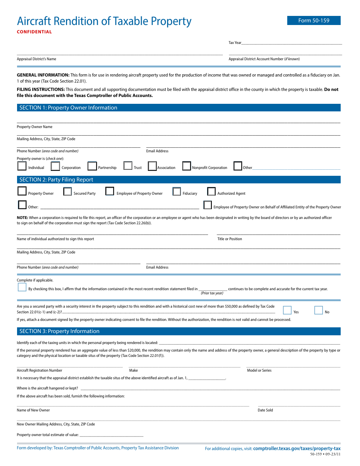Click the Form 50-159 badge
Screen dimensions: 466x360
[x=314, y=20]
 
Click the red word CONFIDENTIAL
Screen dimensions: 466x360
[x=34, y=32]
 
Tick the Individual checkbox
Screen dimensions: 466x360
[x=22, y=166]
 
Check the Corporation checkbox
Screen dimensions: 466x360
[x=55, y=166]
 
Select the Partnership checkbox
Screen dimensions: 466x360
[x=92, y=166]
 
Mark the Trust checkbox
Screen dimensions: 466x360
[x=128, y=166]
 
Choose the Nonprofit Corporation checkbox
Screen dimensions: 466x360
[x=186, y=166]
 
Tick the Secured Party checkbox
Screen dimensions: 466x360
[x=67, y=192]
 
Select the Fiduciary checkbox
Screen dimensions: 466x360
[x=177, y=192]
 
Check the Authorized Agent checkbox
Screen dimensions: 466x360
[x=211, y=192]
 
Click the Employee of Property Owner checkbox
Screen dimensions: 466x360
[x=110, y=192]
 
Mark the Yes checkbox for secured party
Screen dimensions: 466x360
[x=288, y=310]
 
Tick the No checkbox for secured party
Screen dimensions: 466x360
[x=319, y=310]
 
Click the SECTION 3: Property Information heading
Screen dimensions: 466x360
[x=59, y=331]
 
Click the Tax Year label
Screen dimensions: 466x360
[x=235, y=43]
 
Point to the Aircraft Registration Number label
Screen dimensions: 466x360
[x=39, y=370]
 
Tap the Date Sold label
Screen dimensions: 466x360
[x=265, y=410]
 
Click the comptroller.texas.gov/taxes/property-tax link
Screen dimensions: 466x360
[x=297, y=448]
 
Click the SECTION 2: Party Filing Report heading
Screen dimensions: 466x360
[x=56, y=180]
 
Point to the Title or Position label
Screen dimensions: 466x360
[x=230, y=239]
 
